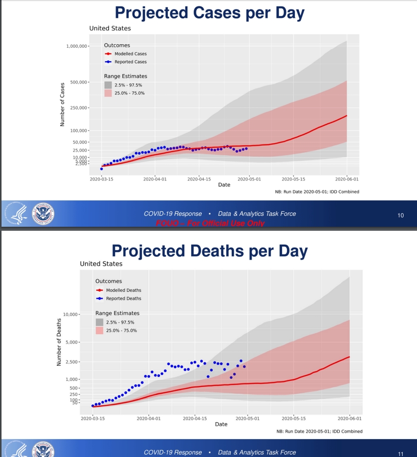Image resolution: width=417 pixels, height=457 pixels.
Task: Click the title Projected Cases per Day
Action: tap(208, 13)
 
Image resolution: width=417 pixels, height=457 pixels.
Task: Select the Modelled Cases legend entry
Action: tap(131, 54)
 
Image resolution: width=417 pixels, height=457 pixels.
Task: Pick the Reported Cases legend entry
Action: tap(131, 62)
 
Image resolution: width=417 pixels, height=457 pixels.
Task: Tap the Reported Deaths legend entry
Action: tap(123, 298)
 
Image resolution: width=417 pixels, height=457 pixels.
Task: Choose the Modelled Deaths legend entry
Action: tap(123, 290)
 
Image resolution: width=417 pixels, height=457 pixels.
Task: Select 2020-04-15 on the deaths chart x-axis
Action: tap(195, 418)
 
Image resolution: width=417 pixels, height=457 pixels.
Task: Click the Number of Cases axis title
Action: tap(63, 104)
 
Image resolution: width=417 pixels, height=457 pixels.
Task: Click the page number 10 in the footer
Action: tap(401, 215)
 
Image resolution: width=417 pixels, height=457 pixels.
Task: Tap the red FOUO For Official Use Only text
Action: tap(210, 223)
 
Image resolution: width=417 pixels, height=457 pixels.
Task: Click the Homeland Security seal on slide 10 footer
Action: tap(43, 213)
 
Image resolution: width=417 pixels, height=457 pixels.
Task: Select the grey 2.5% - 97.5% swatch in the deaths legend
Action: tap(99, 322)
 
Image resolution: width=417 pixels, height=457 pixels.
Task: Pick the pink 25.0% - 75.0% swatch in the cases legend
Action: tap(108, 93)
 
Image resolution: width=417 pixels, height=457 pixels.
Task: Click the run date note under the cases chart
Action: tap(317, 191)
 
